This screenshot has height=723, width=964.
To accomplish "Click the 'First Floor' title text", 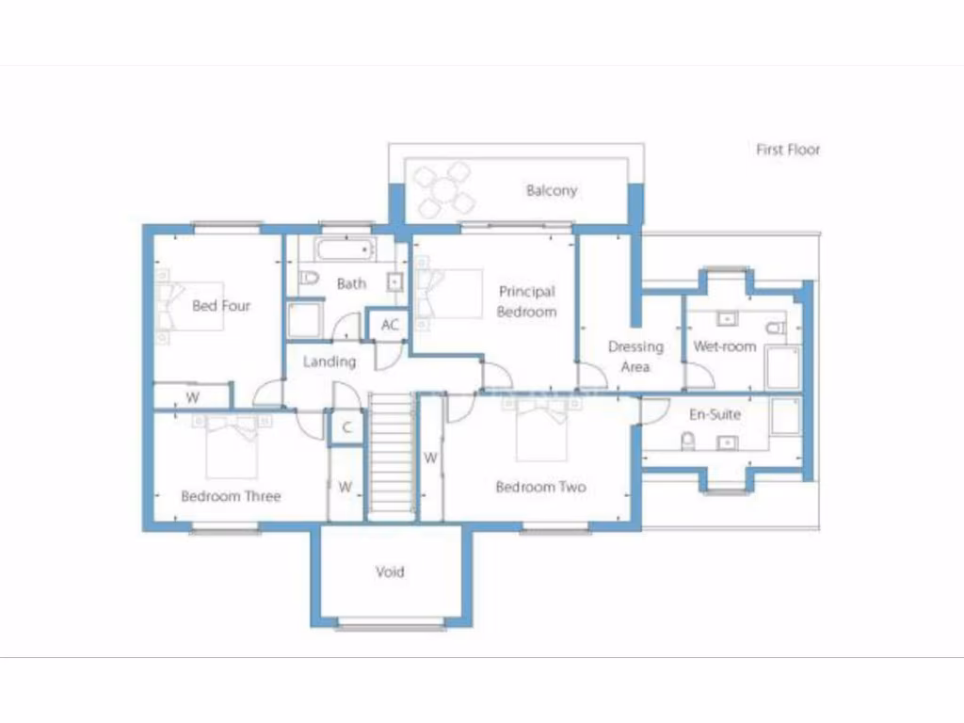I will click(788, 149).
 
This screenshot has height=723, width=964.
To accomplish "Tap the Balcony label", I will click(551, 190).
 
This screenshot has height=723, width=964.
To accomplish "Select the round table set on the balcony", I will click(443, 189).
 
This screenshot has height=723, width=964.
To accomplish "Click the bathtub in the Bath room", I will click(344, 250).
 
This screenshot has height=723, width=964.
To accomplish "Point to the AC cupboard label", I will click(390, 325).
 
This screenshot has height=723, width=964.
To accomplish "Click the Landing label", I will click(329, 361).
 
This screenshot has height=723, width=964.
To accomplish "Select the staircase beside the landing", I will click(391, 456).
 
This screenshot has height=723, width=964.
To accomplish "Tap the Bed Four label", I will click(221, 305).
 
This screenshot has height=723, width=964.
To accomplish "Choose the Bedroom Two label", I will click(540, 487).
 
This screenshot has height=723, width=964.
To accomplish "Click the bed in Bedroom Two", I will click(542, 429).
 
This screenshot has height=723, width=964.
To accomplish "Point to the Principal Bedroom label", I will click(527, 301).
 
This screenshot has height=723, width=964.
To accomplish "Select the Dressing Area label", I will click(635, 356).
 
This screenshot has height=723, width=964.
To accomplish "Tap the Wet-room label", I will click(725, 346).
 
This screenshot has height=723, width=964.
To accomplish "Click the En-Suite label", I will click(715, 414).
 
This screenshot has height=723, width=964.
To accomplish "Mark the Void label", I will click(390, 571).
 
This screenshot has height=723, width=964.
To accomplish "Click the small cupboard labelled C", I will click(346, 427).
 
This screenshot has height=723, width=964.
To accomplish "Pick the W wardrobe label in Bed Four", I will click(192, 397).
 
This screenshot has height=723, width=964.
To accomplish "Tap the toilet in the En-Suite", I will click(688, 441).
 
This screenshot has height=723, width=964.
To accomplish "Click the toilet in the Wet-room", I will click(775, 329).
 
